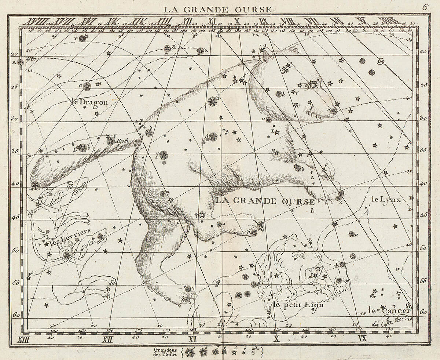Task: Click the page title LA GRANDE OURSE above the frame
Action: tap(219, 9)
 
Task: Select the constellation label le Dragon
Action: tap(90, 102)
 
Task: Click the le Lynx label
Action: tap(386, 200)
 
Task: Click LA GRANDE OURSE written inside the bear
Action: tap(265, 201)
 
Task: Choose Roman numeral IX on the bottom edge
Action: tap(362, 339)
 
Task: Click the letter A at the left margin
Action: tap(15, 62)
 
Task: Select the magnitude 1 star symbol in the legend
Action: tap(190, 353)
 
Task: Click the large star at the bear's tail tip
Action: tap(35, 185)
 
